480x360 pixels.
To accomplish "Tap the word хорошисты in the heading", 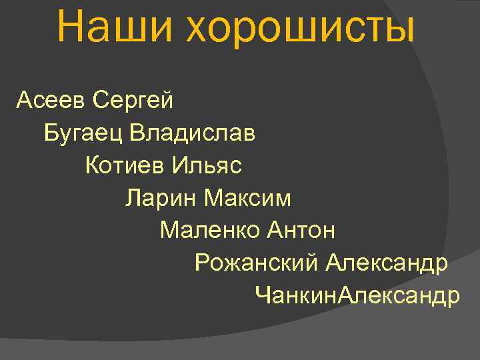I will pos(300,28).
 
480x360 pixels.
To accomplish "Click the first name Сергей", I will pos(133,102).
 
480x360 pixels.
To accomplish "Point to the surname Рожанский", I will pos(257,263).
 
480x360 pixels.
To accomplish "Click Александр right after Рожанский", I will pos(387,263).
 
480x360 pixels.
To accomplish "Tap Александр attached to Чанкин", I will pos(399,295).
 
